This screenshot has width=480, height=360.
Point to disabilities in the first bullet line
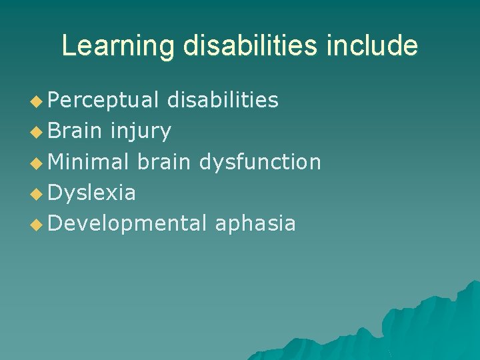pos(223,101)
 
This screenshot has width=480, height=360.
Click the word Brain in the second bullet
pos(74,131)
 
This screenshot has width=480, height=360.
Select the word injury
pos(141,131)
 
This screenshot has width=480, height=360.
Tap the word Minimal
pos(89,162)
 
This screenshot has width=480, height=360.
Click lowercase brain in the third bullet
pos(165,162)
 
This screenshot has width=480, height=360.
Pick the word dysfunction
pos(261,162)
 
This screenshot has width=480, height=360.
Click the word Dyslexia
pos(92,193)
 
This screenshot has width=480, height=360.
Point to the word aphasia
pos(255,223)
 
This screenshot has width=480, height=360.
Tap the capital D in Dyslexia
pos(55,193)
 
